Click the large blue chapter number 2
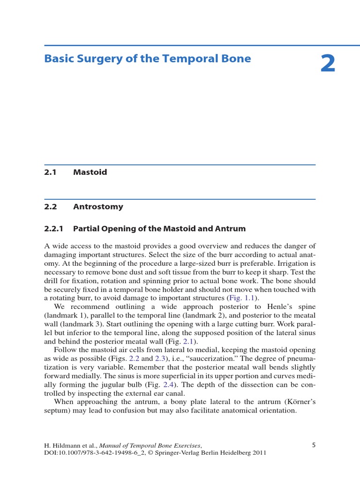[x=328, y=64]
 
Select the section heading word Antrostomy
[x=98, y=207]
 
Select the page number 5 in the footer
[x=314, y=445]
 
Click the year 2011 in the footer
[x=257, y=453]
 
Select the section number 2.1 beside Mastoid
[x=50, y=172]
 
